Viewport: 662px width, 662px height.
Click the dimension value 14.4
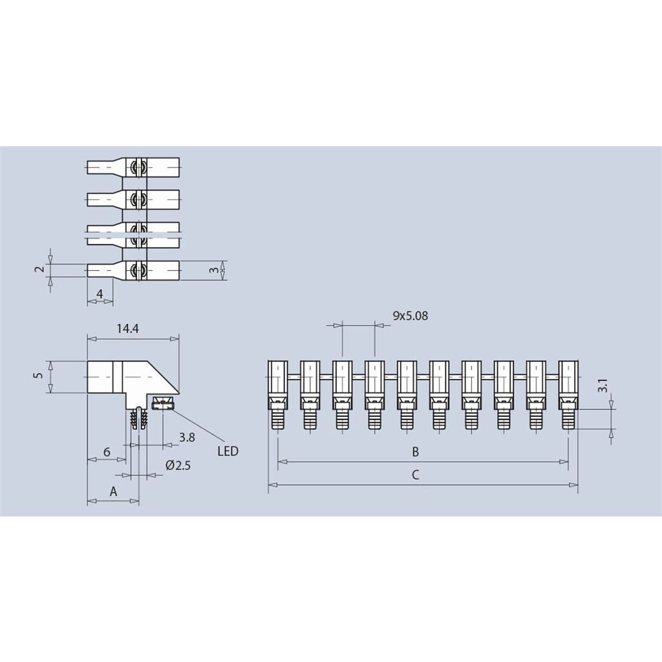click(127, 328)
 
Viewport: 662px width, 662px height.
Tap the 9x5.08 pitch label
click(411, 315)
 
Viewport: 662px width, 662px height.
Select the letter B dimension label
click(416, 451)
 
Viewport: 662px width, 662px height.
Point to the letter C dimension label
click(416, 475)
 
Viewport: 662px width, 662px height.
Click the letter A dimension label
click(113, 491)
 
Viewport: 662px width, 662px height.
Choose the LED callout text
click(228, 451)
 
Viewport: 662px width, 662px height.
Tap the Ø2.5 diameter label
click(178, 465)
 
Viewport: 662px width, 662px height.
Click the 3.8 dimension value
click(187, 438)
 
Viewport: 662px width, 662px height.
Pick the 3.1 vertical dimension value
click(602, 387)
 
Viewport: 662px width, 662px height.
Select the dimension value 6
click(107, 452)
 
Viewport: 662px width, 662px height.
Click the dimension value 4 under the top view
click(100, 294)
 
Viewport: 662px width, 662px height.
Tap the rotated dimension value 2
click(39, 270)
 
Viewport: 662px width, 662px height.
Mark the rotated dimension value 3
click(214, 270)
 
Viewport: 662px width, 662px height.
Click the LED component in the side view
click(162, 405)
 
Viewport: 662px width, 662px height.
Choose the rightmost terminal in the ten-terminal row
click(568, 393)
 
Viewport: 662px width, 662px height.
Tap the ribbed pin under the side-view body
click(138, 418)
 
